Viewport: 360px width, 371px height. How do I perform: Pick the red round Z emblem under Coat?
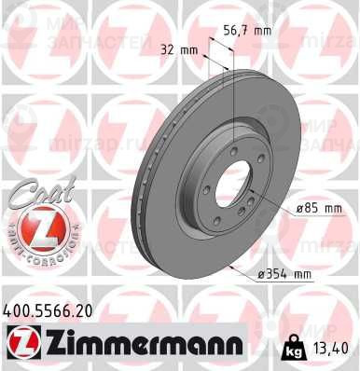[38, 231]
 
